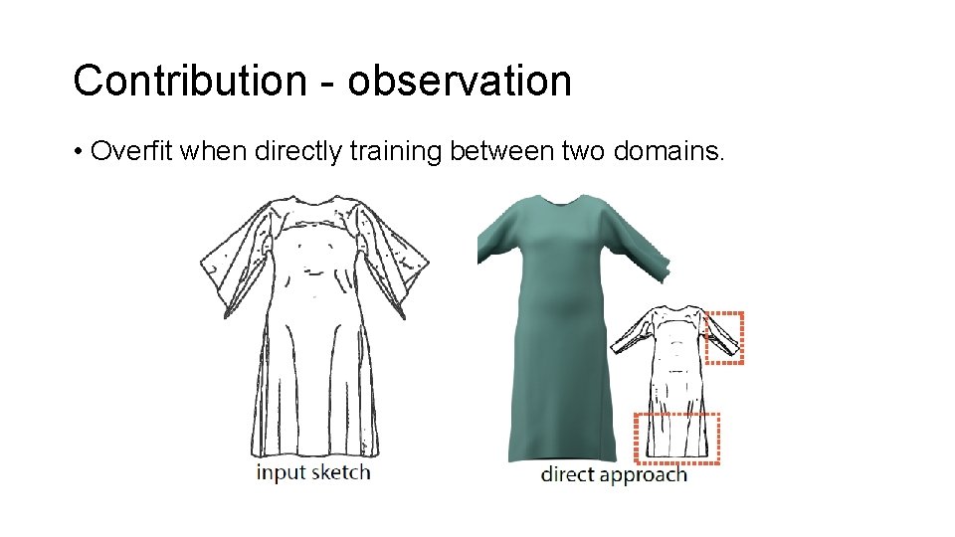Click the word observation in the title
tap(460, 81)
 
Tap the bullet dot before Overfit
tap(77, 153)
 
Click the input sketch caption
tap(312, 471)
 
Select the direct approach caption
tap(613, 474)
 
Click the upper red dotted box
tap(723, 338)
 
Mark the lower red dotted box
tap(676, 438)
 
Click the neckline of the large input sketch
tap(316, 204)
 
